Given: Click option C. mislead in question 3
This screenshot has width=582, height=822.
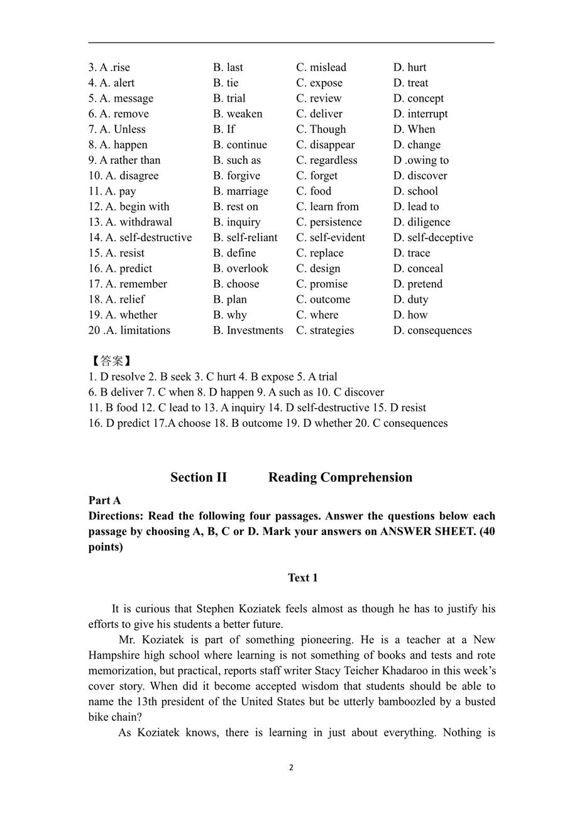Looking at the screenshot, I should point(321,67).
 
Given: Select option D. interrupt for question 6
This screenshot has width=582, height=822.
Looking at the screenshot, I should point(420,114).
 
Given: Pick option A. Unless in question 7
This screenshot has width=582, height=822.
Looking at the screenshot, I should point(117,129).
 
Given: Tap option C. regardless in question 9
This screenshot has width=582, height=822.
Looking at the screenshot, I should point(327,160).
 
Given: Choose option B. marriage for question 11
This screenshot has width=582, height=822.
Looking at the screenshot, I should point(240,191).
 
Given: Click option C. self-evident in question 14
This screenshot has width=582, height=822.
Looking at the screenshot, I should point(331,237).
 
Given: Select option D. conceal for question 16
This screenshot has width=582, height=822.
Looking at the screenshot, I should point(418,268).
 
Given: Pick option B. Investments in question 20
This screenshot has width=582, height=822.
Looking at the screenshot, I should point(248,330).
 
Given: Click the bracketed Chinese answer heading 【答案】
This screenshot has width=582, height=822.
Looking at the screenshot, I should point(111,361).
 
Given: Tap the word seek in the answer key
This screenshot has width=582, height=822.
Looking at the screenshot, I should point(176,377).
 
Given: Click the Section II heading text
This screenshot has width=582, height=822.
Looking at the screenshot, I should point(198,477).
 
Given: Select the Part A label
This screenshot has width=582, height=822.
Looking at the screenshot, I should point(104,500).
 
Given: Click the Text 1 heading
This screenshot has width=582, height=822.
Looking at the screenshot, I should point(302,578).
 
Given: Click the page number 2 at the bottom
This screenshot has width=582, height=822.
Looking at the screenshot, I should point(291,767).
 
